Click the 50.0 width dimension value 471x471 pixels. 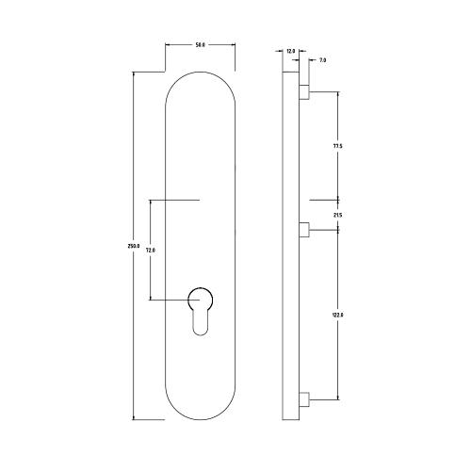tap(199, 43)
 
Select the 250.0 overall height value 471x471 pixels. tap(133, 246)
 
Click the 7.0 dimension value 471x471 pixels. tap(322, 59)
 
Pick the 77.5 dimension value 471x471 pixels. tap(337, 146)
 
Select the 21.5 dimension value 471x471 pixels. tap(337, 216)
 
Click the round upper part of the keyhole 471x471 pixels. tap(200, 300)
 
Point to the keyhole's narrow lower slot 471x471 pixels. tap(200, 325)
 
